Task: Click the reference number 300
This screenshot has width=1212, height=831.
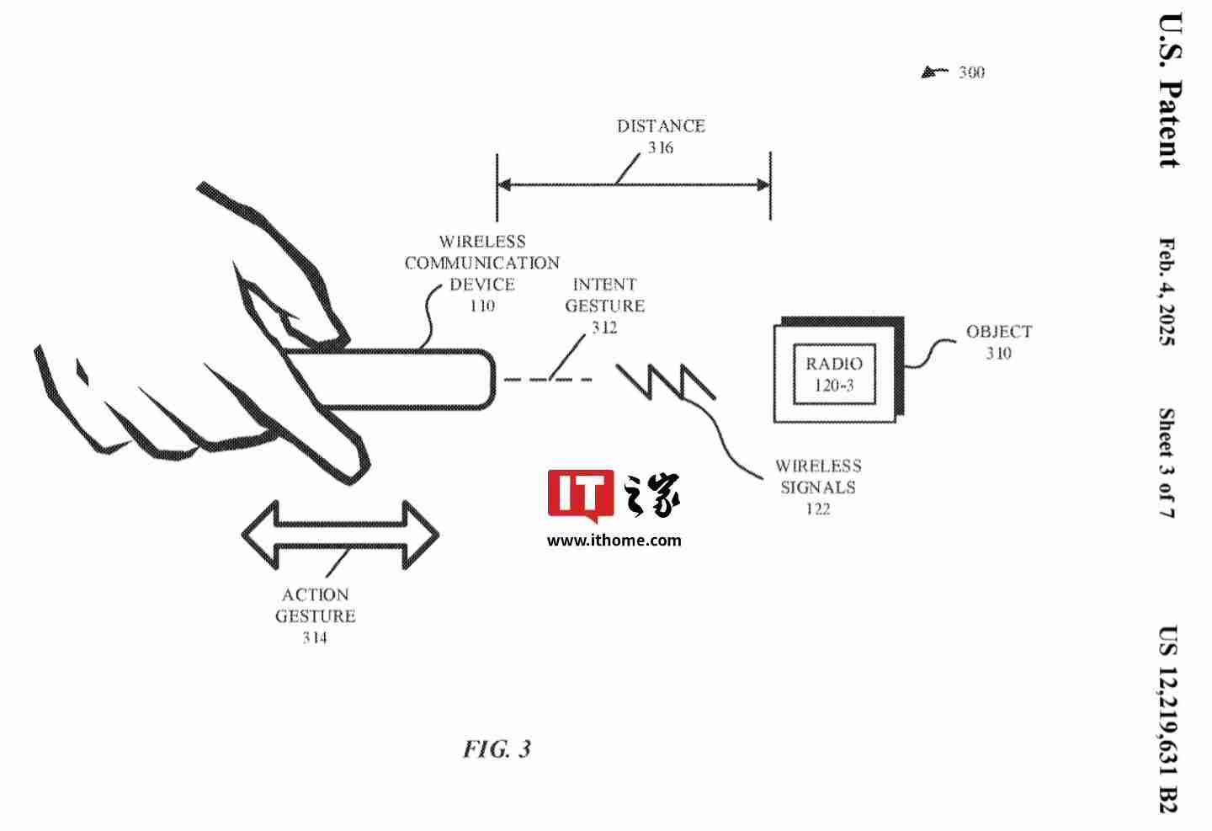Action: pos(971,72)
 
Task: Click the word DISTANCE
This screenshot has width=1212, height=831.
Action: pos(661,126)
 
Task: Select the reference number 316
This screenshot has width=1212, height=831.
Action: pos(661,148)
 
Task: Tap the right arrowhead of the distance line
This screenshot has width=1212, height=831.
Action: pos(763,185)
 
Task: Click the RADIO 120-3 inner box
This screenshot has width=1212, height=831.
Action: pos(834,374)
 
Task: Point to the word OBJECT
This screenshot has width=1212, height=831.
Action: pos(999,332)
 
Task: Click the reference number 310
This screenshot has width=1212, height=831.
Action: pos(999,354)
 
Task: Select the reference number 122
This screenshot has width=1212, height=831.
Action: pos(817,509)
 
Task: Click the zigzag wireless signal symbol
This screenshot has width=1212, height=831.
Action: pos(665,381)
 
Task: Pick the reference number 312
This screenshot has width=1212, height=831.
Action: pos(604,328)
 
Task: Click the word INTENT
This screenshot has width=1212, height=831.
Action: pos(604,285)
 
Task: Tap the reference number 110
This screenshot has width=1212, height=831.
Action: pos(482,306)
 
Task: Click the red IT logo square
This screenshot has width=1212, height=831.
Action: pos(580,495)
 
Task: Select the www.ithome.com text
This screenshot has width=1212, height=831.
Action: pos(614,541)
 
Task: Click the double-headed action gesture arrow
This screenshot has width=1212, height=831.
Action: pos(340,535)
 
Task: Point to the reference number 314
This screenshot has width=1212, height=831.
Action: pos(315,638)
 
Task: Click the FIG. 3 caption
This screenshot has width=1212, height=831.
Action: pos(497,748)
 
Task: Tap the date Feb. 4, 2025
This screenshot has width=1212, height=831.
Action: pos(1167,291)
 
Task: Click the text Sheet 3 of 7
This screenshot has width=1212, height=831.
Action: pos(1167,463)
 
